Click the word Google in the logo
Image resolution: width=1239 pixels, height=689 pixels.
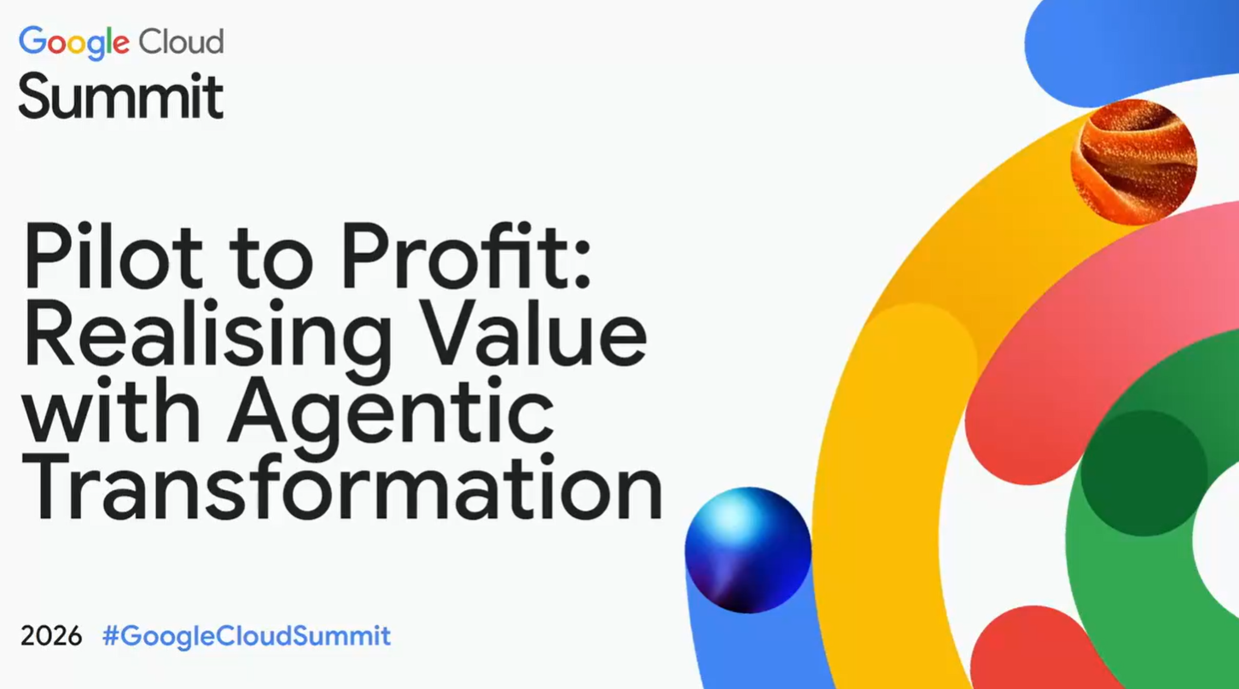click(x=74, y=43)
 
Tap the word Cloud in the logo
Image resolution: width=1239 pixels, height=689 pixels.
click(x=181, y=42)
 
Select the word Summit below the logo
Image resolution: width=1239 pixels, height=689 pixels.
click(x=120, y=96)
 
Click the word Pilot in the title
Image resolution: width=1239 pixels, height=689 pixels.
click(x=113, y=255)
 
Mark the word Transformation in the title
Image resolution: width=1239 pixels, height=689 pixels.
click(x=342, y=487)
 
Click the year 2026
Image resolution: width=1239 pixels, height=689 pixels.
click(x=51, y=636)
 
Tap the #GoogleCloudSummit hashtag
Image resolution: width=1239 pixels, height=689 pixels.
click(x=247, y=636)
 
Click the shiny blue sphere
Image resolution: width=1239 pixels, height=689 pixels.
click(x=747, y=550)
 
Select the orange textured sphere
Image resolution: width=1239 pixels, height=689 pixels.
click(x=1134, y=162)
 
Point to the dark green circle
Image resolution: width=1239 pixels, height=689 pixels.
click(x=1144, y=473)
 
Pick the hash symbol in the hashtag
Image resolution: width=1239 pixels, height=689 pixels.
click(x=111, y=635)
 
